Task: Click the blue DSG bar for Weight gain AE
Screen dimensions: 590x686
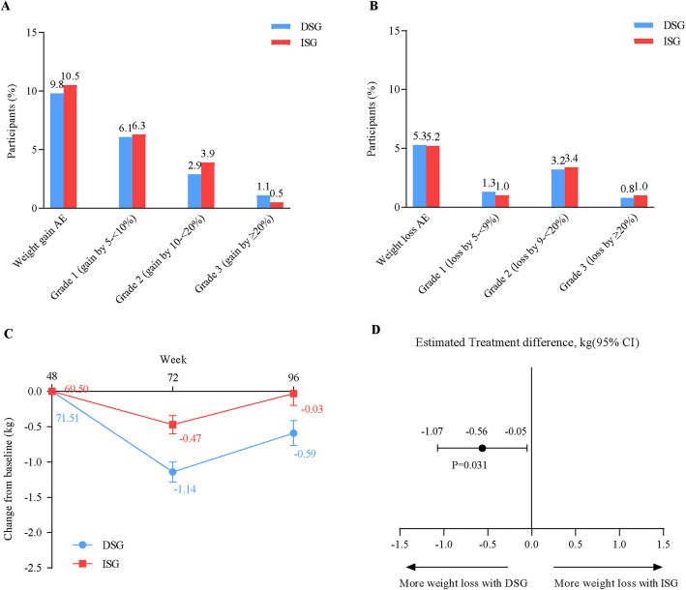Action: coord(57,151)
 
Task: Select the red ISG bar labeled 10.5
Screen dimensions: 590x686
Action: coord(70,147)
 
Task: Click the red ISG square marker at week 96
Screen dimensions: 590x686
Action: coord(293,394)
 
